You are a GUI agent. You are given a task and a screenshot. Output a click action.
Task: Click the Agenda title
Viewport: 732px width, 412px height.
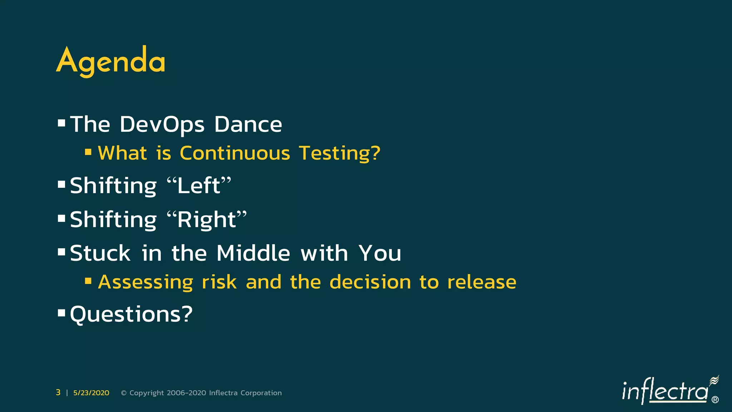(111, 61)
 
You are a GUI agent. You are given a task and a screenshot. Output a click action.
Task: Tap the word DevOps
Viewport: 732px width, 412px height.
(162, 124)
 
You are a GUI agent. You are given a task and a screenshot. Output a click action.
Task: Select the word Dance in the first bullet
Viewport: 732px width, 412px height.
(248, 124)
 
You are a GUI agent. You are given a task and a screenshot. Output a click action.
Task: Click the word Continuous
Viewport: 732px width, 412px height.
(235, 153)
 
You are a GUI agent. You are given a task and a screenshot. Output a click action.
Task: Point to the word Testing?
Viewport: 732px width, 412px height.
(340, 153)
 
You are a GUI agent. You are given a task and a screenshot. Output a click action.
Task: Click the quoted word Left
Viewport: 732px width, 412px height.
(199, 186)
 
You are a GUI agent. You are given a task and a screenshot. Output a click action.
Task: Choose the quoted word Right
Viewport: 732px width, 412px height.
(207, 219)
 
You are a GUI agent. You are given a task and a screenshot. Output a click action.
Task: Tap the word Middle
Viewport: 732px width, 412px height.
(253, 253)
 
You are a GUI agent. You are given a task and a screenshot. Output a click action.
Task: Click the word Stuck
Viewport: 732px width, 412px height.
(100, 253)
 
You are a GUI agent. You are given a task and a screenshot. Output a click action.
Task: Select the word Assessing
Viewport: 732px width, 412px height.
(145, 282)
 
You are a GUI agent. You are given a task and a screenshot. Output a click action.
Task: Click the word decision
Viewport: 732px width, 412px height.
(370, 282)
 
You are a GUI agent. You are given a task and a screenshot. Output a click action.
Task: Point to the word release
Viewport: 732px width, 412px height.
(481, 282)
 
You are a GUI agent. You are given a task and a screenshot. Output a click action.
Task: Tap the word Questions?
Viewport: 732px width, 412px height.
(131, 314)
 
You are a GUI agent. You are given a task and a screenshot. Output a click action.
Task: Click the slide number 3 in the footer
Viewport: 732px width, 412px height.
(58, 393)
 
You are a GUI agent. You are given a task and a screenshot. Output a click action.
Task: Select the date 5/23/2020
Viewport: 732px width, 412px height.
(91, 393)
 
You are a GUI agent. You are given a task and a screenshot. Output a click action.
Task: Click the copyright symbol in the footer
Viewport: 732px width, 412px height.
(124, 393)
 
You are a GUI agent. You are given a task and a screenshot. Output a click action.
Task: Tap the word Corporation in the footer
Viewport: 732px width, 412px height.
(261, 393)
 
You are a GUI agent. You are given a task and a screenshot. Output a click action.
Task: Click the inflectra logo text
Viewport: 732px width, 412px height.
(665, 392)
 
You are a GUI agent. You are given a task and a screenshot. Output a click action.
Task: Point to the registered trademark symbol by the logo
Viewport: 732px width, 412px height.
(715, 400)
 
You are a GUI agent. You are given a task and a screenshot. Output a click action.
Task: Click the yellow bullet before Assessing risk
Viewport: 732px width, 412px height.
(88, 281)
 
